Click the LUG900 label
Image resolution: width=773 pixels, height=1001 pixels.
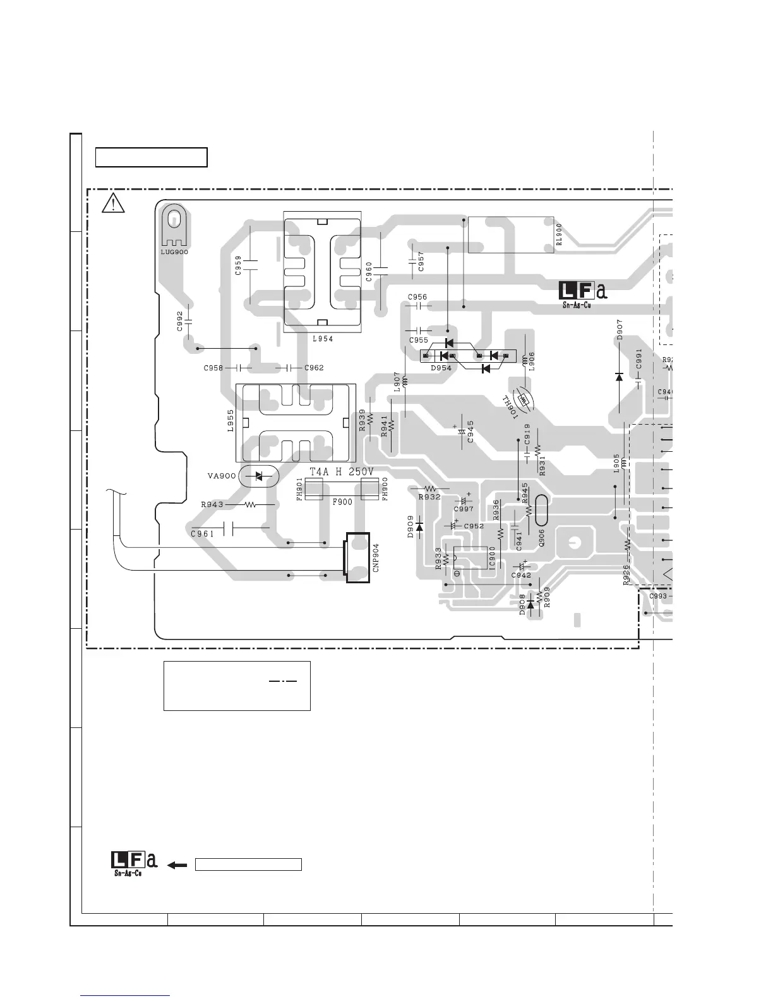pos(174,252)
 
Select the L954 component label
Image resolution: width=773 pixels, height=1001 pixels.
pos(322,339)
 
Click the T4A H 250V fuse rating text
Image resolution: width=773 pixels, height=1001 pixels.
pos(342,472)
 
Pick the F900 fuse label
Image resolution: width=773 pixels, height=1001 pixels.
pos(342,502)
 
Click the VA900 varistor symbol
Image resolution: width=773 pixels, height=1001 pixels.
pos(258,476)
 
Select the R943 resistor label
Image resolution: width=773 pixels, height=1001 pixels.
pos(212,505)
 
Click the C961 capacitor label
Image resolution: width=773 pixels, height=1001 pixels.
pos(202,534)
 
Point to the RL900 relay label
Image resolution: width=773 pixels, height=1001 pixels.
pos(559,234)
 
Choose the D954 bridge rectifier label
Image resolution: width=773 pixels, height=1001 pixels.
pos(440,368)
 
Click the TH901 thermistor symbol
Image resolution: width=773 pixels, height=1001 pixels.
pos(524,399)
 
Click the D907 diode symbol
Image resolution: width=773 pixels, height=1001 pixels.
pos(619,377)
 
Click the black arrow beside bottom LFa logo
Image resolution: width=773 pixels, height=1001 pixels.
pos(178,864)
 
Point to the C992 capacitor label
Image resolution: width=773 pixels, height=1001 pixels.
pos(180,320)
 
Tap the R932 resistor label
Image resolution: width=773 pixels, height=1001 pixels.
pos(429,497)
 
